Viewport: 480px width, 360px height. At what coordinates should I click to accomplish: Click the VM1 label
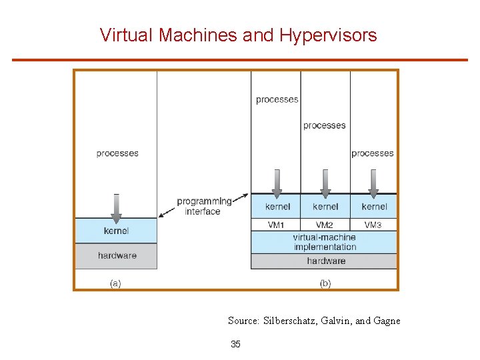(x=276, y=225)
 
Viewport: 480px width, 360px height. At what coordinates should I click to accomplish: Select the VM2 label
(x=325, y=225)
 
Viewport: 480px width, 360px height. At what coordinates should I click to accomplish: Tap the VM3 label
(x=373, y=225)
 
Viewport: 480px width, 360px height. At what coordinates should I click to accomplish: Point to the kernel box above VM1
(x=277, y=207)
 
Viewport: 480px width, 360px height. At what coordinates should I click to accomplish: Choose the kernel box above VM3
(x=374, y=207)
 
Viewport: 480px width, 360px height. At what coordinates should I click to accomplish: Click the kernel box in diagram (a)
(x=116, y=231)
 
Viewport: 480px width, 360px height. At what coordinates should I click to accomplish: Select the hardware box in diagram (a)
(x=117, y=255)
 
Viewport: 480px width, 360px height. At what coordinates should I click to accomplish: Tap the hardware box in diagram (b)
(x=325, y=261)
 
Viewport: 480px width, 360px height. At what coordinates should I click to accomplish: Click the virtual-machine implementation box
(x=325, y=242)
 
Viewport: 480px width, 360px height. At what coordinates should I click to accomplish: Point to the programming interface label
(x=203, y=206)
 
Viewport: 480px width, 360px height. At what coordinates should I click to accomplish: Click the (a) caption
(x=115, y=283)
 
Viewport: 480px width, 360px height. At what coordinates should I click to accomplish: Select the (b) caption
(x=325, y=283)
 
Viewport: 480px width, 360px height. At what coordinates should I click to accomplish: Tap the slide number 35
(x=235, y=344)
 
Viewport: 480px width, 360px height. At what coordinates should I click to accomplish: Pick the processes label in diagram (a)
(x=117, y=153)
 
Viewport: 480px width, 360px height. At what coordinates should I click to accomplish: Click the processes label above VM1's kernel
(x=277, y=100)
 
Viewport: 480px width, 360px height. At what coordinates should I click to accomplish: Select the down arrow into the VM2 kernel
(x=325, y=183)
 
